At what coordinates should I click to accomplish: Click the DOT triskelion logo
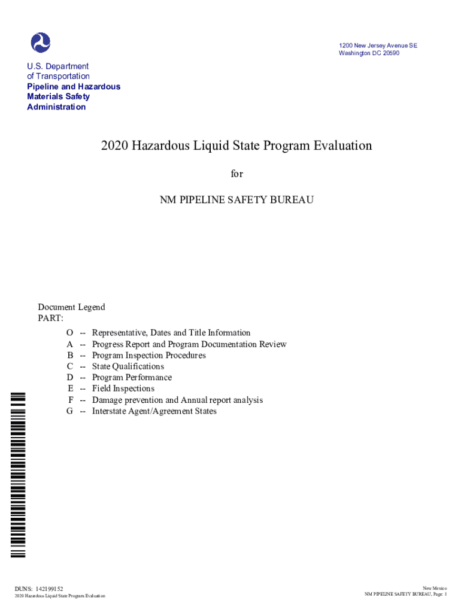point(41,43)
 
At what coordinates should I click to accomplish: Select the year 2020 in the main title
point(113,145)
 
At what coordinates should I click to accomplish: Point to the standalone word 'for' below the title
point(237,174)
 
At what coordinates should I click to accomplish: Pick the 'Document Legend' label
point(71,307)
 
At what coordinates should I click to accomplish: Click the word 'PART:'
point(51,318)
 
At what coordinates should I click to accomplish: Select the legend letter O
point(70,333)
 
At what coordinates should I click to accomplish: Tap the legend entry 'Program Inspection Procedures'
point(148,355)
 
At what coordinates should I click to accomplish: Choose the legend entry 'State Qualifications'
point(128,366)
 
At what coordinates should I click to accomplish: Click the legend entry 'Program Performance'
point(132,377)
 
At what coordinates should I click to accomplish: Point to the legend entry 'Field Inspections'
point(123,389)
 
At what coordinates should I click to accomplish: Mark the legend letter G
point(70,411)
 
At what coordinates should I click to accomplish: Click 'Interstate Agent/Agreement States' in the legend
point(154,411)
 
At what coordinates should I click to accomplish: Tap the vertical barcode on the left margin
point(19,473)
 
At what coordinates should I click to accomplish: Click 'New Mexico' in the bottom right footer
point(435,588)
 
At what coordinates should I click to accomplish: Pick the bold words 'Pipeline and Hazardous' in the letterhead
point(74,87)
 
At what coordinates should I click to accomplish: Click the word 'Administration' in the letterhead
point(56,107)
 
